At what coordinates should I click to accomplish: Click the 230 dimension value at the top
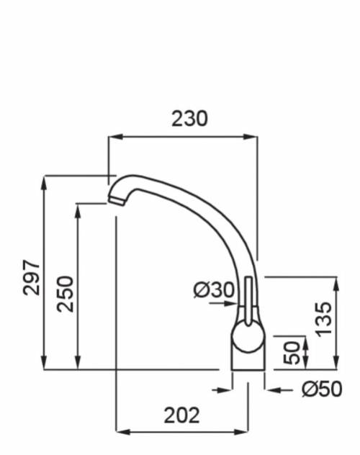click(189, 118)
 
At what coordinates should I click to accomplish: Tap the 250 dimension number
click(66, 293)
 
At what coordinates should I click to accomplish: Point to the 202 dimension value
click(182, 415)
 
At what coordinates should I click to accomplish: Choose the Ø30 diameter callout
click(214, 290)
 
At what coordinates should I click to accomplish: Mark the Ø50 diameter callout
click(322, 389)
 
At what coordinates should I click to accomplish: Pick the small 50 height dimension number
click(292, 353)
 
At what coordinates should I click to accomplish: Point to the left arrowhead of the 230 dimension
click(112, 136)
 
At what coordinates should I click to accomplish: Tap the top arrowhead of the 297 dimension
click(45, 179)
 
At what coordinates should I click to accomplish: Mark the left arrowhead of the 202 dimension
click(121, 431)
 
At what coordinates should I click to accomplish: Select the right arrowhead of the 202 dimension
click(244, 431)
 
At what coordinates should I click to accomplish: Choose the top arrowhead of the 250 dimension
click(78, 208)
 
